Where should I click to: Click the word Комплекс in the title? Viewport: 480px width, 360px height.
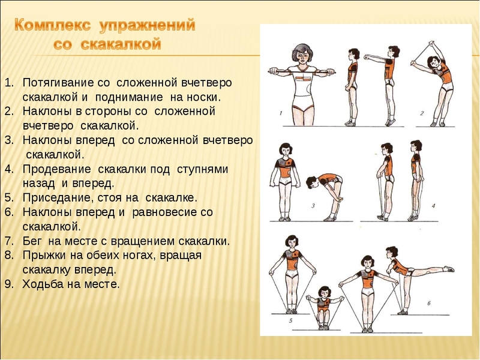click(x=53, y=25)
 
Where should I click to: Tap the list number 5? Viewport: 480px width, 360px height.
click(x=9, y=198)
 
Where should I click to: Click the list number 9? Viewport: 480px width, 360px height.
click(x=9, y=284)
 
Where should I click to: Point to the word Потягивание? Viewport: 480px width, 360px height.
click(x=58, y=83)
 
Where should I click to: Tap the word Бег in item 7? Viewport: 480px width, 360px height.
click(x=32, y=241)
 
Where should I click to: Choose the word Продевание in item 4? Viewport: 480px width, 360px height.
click(x=57, y=169)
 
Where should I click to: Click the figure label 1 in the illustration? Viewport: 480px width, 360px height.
click(x=281, y=113)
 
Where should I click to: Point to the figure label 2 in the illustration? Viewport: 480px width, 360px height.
click(x=422, y=113)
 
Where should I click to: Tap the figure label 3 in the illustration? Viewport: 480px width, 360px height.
click(x=313, y=206)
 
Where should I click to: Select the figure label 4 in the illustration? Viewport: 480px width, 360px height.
click(x=433, y=206)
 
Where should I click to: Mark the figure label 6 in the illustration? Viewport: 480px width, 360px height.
click(x=429, y=304)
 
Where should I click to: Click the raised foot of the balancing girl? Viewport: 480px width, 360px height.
click(x=449, y=269)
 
